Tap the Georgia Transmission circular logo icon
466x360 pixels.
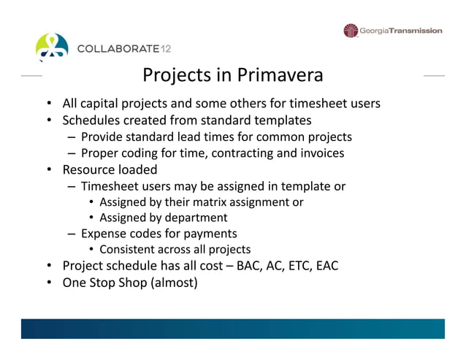point(351,31)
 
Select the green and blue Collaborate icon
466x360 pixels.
point(53,46)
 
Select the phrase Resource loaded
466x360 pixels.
point(110,170)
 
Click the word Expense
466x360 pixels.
point(102,234)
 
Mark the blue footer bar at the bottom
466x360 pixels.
point(232,328)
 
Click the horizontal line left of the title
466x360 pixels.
point(31,76)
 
